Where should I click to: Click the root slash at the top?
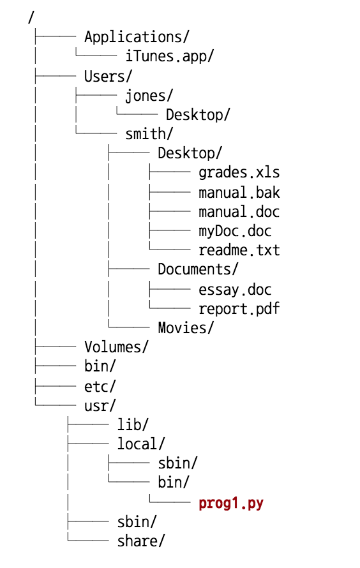tap(31, 18)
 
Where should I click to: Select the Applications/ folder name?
tap(137, 37)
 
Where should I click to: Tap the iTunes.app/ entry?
tap(169, 56)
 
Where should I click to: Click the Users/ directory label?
tap(108, 76)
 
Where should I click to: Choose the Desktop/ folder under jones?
tap(198, 115)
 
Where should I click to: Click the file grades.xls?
tap(239, 172)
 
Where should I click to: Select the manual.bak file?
tap(239, 192)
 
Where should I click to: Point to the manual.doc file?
tap(239, 211)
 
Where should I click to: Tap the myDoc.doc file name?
tap(235, 231)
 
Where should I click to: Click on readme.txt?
tap(239, 250)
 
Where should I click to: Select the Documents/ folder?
tap(198, 269)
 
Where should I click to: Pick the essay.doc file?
tap(235, 289)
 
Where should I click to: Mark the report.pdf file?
tap(239, 308)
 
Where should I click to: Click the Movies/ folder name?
tap(186, 328)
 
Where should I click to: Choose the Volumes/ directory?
tap(116, 347)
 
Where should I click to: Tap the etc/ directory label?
tap(100, 386)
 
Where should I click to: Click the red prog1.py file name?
tap(230, 503)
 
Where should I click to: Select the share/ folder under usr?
tap(141, 541)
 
